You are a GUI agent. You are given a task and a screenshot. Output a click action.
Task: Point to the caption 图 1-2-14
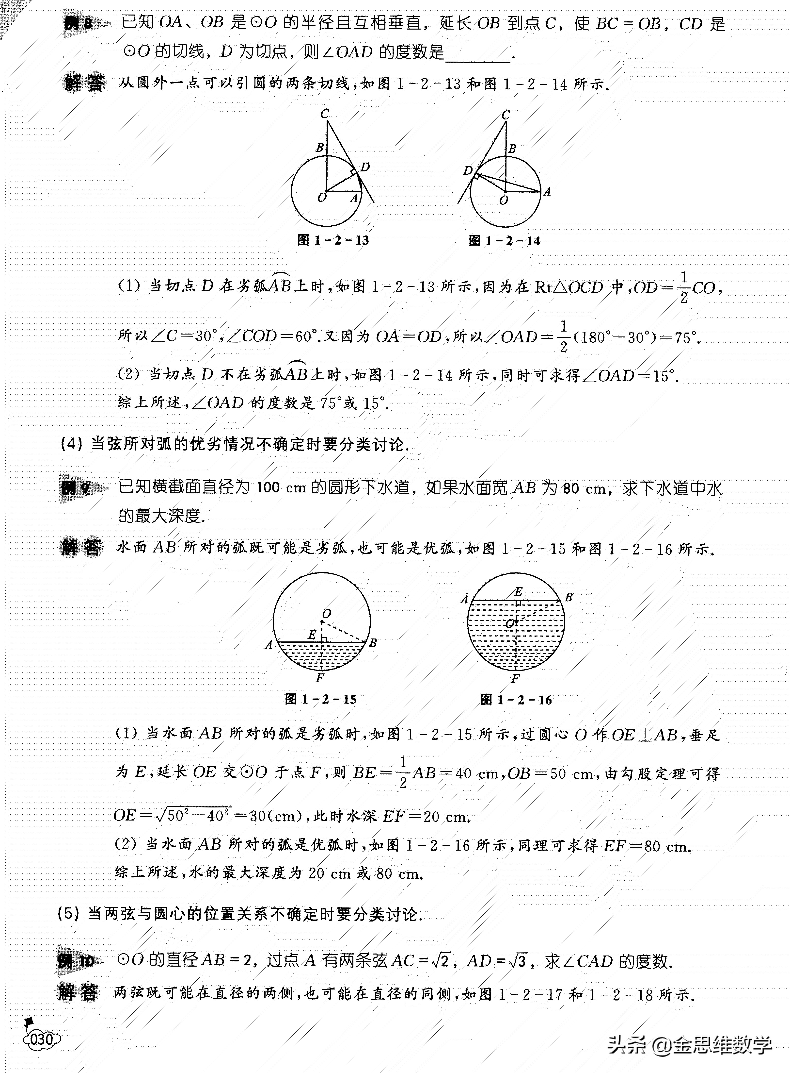tap(505, 241)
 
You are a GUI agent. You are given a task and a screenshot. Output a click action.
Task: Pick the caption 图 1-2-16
tap(516, 700)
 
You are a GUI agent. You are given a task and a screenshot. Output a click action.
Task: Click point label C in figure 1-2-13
tap(325, 114)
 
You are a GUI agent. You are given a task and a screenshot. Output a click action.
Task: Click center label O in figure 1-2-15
tap(327, 614)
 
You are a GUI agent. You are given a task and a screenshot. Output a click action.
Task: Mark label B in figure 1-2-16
tap(569, 597)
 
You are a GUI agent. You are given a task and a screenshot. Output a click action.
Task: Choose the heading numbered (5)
tap(239, 914)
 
